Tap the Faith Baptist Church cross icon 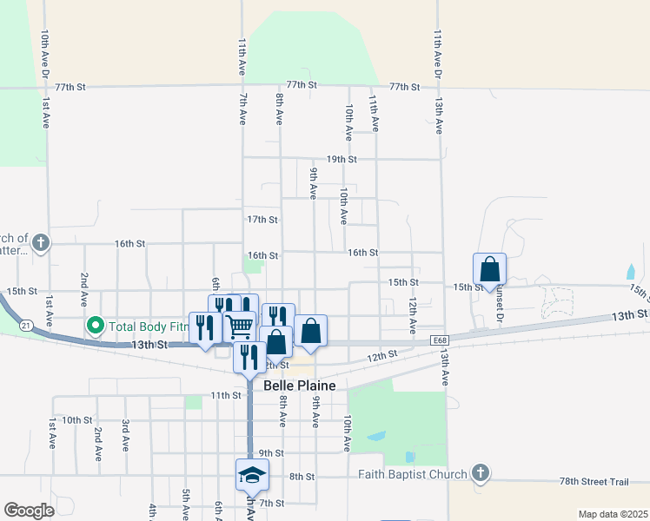click(x=480, y=474)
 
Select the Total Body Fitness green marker click(x=95, y=326)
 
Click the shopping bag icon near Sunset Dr click(x=490, y=268)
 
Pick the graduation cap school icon click(x=252, y=474)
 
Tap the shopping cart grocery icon click(x=239, y=326)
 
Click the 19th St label click(x=342, y=159)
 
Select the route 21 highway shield click(x=26, y=325)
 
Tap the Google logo click(x=29, y=510)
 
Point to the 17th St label click(x=262, y=220)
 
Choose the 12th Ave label click(x=413, y=315)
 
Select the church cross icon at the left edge click(x=41, y=242)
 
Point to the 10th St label click(x=77, y=419)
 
